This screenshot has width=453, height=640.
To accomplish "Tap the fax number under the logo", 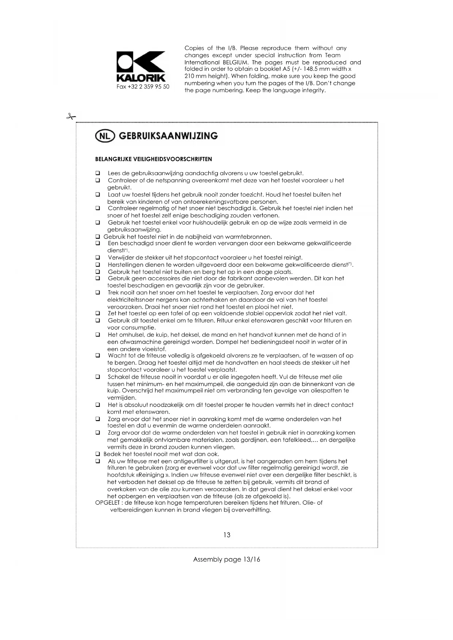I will pos(143,87).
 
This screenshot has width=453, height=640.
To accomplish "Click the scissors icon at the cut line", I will pos(71,117).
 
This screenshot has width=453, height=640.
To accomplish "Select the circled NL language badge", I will pos(105,136).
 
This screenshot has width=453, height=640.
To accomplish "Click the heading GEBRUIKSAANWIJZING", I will pos(168,136).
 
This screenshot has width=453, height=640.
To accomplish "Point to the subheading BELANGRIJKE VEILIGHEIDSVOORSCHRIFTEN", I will pos(153,159).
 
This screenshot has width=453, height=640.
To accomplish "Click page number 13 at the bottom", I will pos(227,535).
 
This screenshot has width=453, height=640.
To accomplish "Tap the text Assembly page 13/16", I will pos(226,559).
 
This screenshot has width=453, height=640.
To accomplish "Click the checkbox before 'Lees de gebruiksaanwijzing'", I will pos(98,173).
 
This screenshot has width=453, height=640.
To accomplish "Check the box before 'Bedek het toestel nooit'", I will pos(98,454).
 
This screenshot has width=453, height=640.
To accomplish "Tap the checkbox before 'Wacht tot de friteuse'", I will pos(98,355).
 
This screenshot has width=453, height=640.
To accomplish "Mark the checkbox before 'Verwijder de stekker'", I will pos(98,258).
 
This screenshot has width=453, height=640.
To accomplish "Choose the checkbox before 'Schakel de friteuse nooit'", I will pos(98,377).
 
